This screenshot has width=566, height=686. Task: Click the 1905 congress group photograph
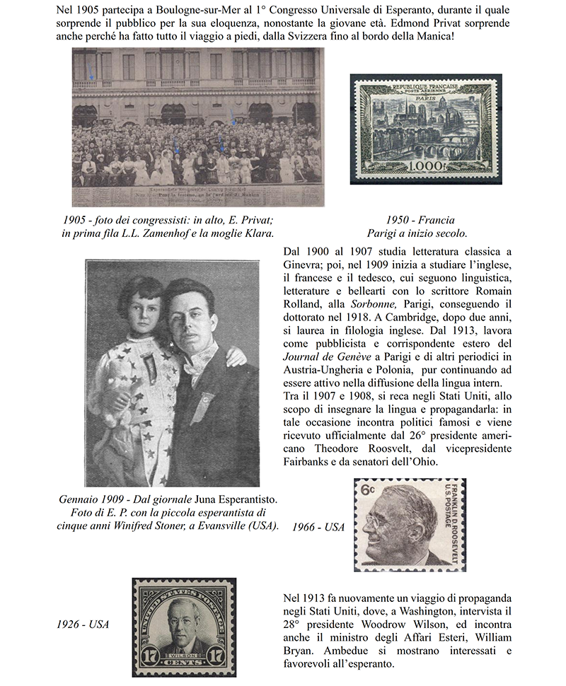pos(197,127)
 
